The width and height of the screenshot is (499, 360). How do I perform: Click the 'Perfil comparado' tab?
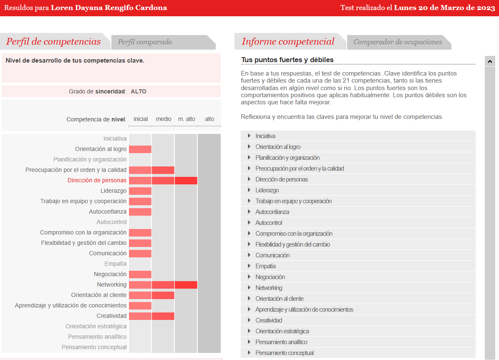[x=145, y=42]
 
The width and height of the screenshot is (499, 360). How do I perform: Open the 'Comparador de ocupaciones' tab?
[x=398, y=42]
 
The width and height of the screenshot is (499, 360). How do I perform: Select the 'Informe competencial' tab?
[x=288, y=42]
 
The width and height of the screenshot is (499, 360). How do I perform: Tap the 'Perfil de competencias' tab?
[x=53, y=42]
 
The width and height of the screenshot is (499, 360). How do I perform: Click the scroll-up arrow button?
[x=490, y=61]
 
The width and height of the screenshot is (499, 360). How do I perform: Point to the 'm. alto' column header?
[x=186, y=119]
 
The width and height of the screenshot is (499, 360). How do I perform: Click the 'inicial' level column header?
[x=141, y=119]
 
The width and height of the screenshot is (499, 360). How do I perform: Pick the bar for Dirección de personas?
[x=163, y=181]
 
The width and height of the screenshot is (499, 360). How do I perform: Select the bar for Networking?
[x=163, y=285]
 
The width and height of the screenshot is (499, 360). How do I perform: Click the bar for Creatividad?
[x=151, y=316]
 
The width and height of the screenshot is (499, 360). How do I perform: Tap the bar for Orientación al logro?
[x=140, y=149]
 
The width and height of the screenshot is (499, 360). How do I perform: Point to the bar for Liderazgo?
[x=140, y=191]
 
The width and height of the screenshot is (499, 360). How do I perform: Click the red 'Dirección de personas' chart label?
[x=97, y=181]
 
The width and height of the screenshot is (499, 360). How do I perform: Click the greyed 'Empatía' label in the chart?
[x=116, y=264]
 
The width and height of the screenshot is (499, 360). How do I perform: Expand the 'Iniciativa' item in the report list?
[x=265, y=136]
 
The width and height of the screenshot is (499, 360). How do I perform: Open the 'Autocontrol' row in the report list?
[x=269, y=223]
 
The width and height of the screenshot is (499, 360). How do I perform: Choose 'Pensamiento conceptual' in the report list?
[x=285, y=353]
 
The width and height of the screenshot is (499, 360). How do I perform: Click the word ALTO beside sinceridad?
[x=139, y=91]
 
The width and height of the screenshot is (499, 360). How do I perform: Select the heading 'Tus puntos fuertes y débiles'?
[x=287, y=60]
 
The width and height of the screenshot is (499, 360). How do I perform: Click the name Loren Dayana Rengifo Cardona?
[x=109, y=8]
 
